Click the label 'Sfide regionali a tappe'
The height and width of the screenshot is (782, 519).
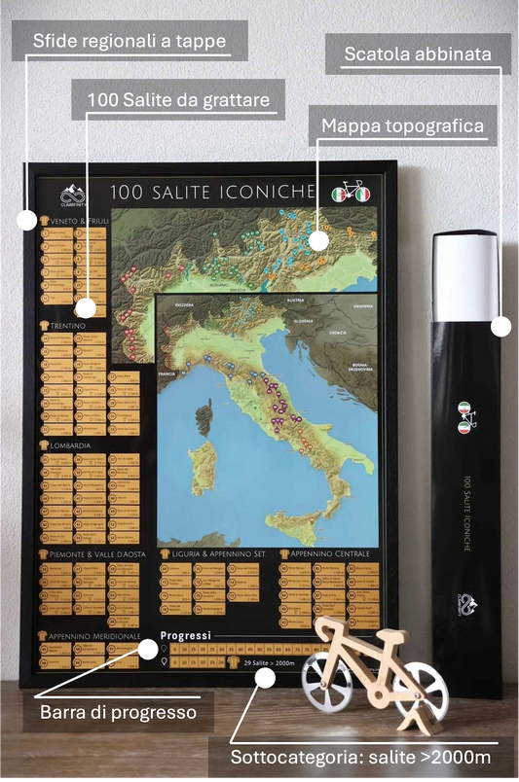(x=130, y=42)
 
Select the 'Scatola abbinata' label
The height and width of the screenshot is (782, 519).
(x=416, y=53)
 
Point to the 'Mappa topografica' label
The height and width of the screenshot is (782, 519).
(x=402, y=126)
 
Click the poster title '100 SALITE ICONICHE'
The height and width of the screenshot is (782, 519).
(x=212, y=192)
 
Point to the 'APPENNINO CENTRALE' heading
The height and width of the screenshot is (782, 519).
(x=329, y=553)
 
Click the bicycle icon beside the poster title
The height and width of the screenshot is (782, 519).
(x=352, y=192)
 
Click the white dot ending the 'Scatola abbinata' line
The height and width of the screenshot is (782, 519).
(x=500, y=327)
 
